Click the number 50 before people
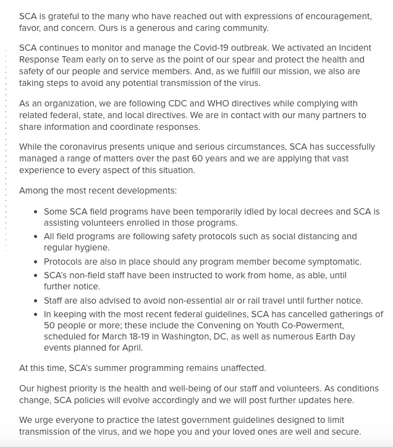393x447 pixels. pyautogui.click(x=50, y=326)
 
